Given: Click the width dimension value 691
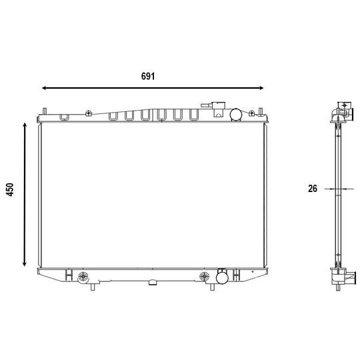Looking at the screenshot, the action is tap(148, 76).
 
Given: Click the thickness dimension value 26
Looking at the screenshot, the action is tap(313, 189).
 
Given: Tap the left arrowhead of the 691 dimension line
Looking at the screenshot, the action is tap(44, 88).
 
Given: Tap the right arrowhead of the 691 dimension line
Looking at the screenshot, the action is tap(261, 88).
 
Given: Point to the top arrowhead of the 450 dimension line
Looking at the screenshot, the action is tap(25, 125).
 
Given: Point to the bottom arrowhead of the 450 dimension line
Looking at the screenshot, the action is tap(25, 264).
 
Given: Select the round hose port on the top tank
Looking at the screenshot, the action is tap(236, 115).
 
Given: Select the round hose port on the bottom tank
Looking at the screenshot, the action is tap(222, 277).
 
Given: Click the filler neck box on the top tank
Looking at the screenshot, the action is tap(219, 109).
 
